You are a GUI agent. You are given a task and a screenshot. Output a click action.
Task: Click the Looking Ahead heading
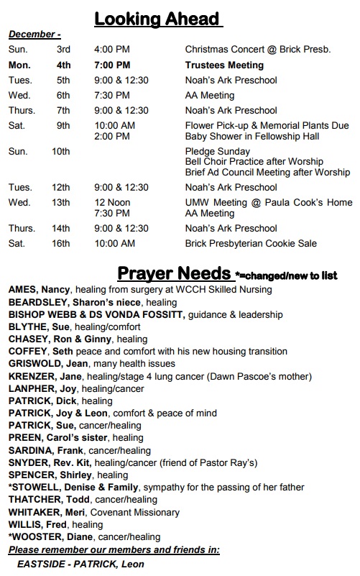tap(158, 19)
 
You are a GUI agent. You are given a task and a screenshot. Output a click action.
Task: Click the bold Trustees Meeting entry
tap(224, 65)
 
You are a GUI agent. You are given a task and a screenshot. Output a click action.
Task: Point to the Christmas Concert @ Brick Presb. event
tap(258, 50)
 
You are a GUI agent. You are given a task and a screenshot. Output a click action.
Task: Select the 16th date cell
tap(63, 244)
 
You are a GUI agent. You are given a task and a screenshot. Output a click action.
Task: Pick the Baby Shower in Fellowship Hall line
tap(252, 136)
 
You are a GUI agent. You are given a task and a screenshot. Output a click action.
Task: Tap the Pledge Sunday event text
tap(218, 152)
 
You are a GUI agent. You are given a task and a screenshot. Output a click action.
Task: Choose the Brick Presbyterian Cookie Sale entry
tap(251, 244)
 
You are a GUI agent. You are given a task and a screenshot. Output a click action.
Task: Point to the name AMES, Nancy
tap(40, 290)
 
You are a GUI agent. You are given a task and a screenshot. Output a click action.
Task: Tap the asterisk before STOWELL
tap(11, 486)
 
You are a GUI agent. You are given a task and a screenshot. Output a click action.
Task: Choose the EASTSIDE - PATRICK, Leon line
tap(80, 564)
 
